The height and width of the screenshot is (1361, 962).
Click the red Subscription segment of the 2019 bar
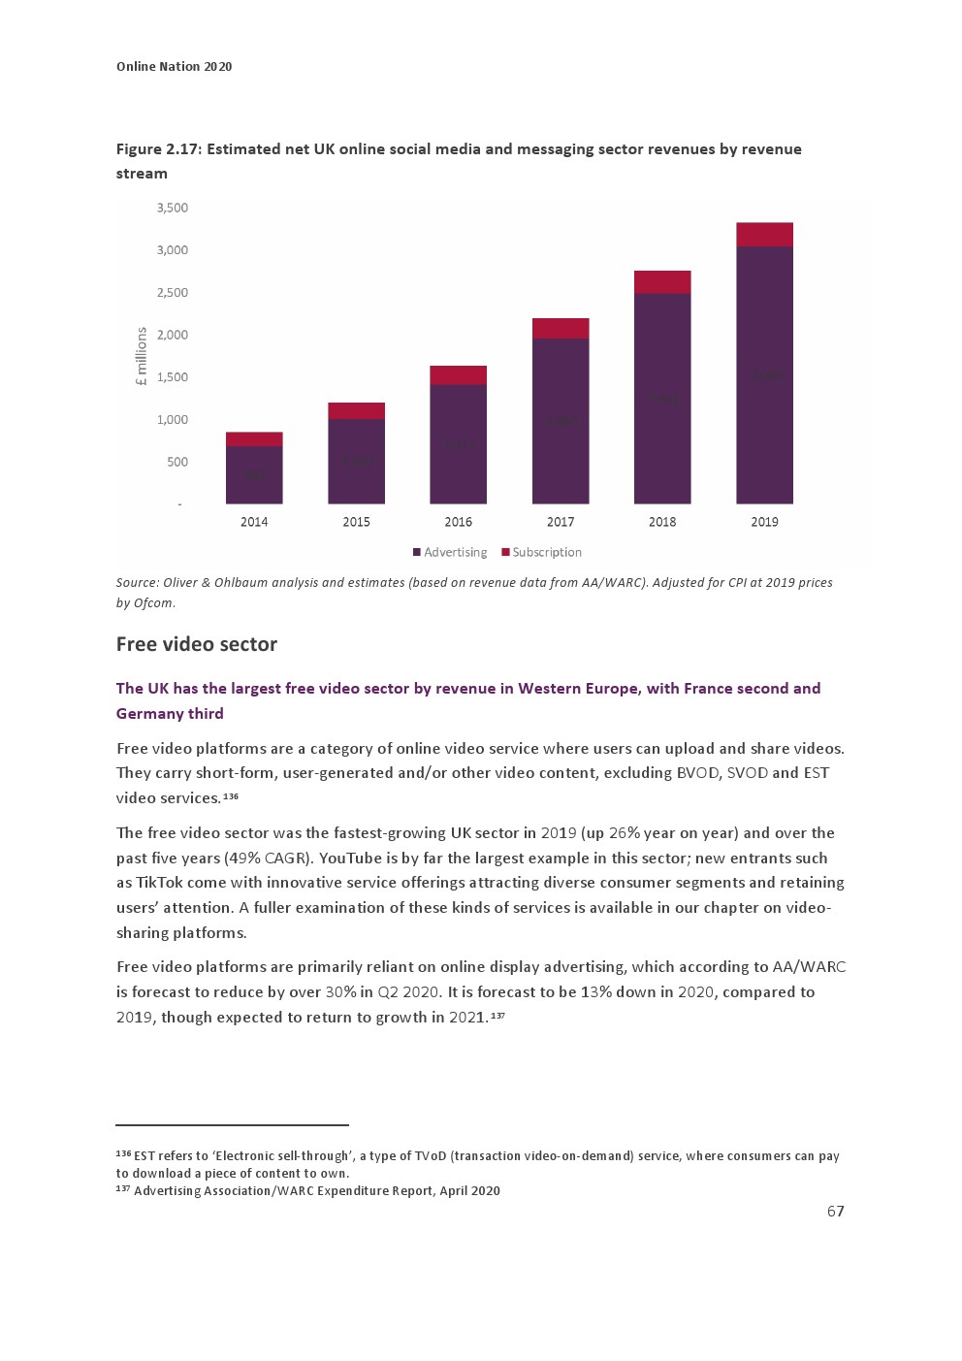764,234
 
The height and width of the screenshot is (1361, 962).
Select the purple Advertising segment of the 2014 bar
254,474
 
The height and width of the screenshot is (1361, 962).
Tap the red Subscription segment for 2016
459,374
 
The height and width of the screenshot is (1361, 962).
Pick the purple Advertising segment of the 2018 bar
662,398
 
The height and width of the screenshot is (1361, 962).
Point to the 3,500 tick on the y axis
173,208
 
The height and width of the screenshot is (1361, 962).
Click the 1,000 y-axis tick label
173,420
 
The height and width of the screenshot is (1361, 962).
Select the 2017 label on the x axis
561,522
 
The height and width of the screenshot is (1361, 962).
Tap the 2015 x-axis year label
356,522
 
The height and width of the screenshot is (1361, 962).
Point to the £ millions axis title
142,356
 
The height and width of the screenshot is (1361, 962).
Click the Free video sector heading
197,644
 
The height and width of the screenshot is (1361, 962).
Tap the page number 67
835,1211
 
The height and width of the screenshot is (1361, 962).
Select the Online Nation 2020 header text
175,66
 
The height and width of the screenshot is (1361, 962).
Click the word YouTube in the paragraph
350,858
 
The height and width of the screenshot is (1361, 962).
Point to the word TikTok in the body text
160,883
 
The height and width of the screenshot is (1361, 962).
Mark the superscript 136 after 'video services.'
231,796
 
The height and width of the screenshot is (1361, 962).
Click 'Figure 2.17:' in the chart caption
159,148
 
